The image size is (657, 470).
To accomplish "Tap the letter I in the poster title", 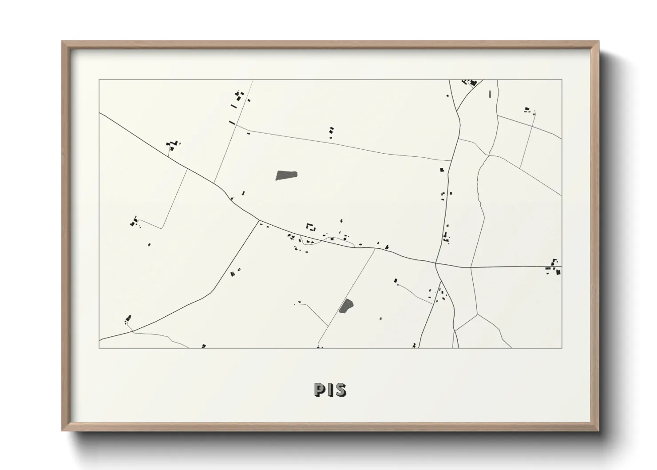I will pos(329,390).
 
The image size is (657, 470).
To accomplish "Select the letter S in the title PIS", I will pos(340,390).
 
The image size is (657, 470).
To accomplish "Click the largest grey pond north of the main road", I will pos(286,175).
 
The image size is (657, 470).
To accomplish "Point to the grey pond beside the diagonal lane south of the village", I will pos(346,306).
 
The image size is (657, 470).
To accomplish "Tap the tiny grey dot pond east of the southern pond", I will pos(380,319).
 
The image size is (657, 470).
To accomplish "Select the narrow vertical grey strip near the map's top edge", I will pos(490,94).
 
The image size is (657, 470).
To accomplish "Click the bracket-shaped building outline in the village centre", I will pos(311,227).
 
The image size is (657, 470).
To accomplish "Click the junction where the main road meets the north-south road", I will pos(436,263).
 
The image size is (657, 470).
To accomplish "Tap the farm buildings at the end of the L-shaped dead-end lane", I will pos(134,222).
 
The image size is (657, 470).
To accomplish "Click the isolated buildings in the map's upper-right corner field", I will pos(528,110).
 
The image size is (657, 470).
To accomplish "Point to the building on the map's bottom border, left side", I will pos(204,346).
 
